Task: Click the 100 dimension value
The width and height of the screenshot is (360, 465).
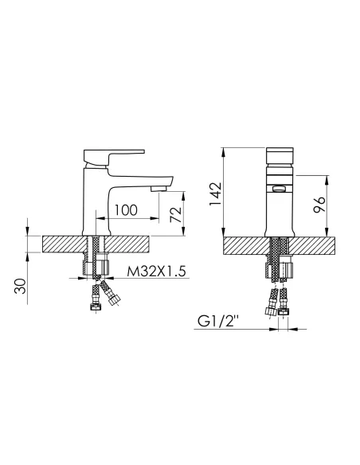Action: (x=126, y=210)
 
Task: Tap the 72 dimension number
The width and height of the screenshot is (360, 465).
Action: (x=175, y=214)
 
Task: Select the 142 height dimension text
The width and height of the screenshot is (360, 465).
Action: (x=215, y=193)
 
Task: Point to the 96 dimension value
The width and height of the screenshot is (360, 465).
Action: (x=319, y=205)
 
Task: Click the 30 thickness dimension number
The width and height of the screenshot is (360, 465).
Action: (x=21, y=286)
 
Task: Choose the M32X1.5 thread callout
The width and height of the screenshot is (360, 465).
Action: (x=156, y=271)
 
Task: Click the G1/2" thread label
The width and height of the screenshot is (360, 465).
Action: (x=218, y=322)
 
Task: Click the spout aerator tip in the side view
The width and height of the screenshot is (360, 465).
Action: (x=159, y=189)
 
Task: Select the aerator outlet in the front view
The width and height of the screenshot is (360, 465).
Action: (x=279, y=189)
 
